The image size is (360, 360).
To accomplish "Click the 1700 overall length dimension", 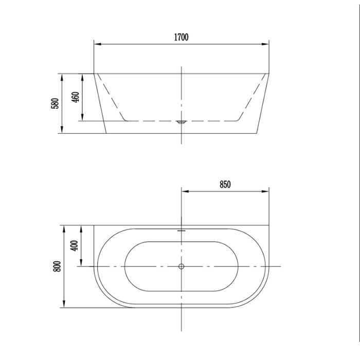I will click(x=182, y=37).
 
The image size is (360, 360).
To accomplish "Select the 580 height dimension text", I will click(x=55, y=103).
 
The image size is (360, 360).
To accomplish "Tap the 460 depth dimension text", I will click(x=75, y=97).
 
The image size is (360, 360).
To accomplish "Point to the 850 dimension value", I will click(x=225, y=185).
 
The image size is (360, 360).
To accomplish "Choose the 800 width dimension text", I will click(x=57, y=266).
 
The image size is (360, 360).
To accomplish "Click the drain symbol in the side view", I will click(x=181, y=122).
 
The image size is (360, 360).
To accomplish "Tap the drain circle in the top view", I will click(x=181, y=266).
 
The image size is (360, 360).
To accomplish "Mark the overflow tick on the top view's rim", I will click(x=181, y=230).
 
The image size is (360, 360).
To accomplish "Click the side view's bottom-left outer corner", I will click(x=105, y=134).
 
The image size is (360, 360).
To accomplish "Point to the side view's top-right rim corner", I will click(x=269, y=73).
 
